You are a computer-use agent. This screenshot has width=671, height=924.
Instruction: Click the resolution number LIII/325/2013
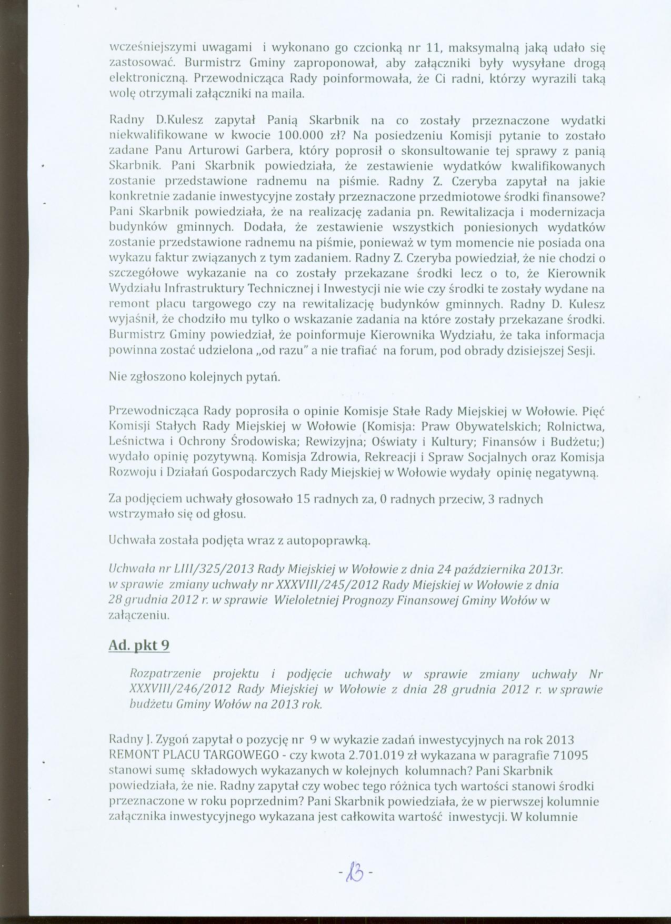(x=221, y=570)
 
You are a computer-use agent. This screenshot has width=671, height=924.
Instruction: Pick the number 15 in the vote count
(x=303, y=499)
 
